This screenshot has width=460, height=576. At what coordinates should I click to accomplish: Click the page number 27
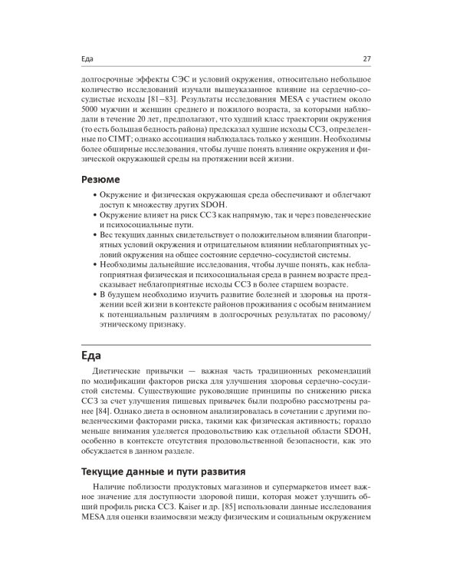click(x=366, y=60)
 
